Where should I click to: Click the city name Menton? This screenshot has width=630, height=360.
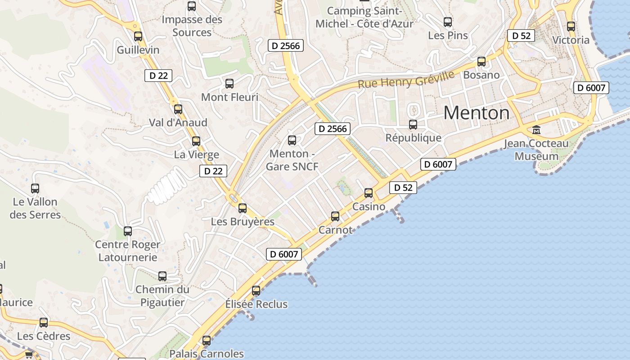(476, 113)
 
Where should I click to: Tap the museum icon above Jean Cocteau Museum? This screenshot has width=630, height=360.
(536, 130)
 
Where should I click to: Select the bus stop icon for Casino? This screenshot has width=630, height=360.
(369, 193)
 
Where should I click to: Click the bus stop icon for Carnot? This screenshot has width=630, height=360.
(335, 216)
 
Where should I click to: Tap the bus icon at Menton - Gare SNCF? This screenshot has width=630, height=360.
(292, 140)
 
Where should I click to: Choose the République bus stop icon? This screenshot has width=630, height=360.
(413, 125)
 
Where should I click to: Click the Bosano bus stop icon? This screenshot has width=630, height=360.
(481, 62)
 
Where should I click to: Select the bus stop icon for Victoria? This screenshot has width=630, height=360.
(571, 27)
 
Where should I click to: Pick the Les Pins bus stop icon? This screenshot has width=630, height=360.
(448, 22)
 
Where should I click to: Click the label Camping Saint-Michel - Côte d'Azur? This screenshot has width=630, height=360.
(364, 17)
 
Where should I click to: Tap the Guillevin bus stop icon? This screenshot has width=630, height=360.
(138, 36)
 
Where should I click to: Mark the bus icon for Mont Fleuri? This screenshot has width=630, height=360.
(229, 84)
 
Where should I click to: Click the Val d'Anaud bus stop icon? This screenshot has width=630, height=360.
(178, 109)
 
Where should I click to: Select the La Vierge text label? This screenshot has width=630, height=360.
(197, 155)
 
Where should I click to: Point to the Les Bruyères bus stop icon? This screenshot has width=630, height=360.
(243, 208)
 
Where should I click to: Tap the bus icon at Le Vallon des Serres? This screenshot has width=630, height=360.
(35, 189)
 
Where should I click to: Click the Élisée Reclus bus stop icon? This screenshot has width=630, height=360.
(256, 291)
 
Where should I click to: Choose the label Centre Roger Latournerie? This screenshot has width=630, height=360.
(128, 251)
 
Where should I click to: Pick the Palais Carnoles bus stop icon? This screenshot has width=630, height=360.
(207, 341)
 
